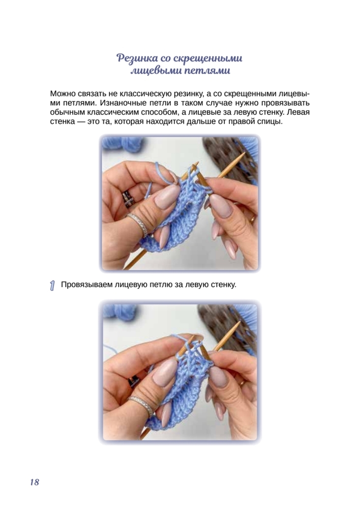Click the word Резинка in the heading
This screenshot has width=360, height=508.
(137, 58)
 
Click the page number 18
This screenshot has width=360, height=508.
(35, 482)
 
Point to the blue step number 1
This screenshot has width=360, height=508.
(52, 285)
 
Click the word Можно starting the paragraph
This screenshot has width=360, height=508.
(63, 94)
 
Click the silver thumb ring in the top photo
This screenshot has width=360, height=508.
(138, 224)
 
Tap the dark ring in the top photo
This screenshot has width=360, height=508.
(129, 198)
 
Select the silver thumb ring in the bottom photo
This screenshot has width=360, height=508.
(141, 405)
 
